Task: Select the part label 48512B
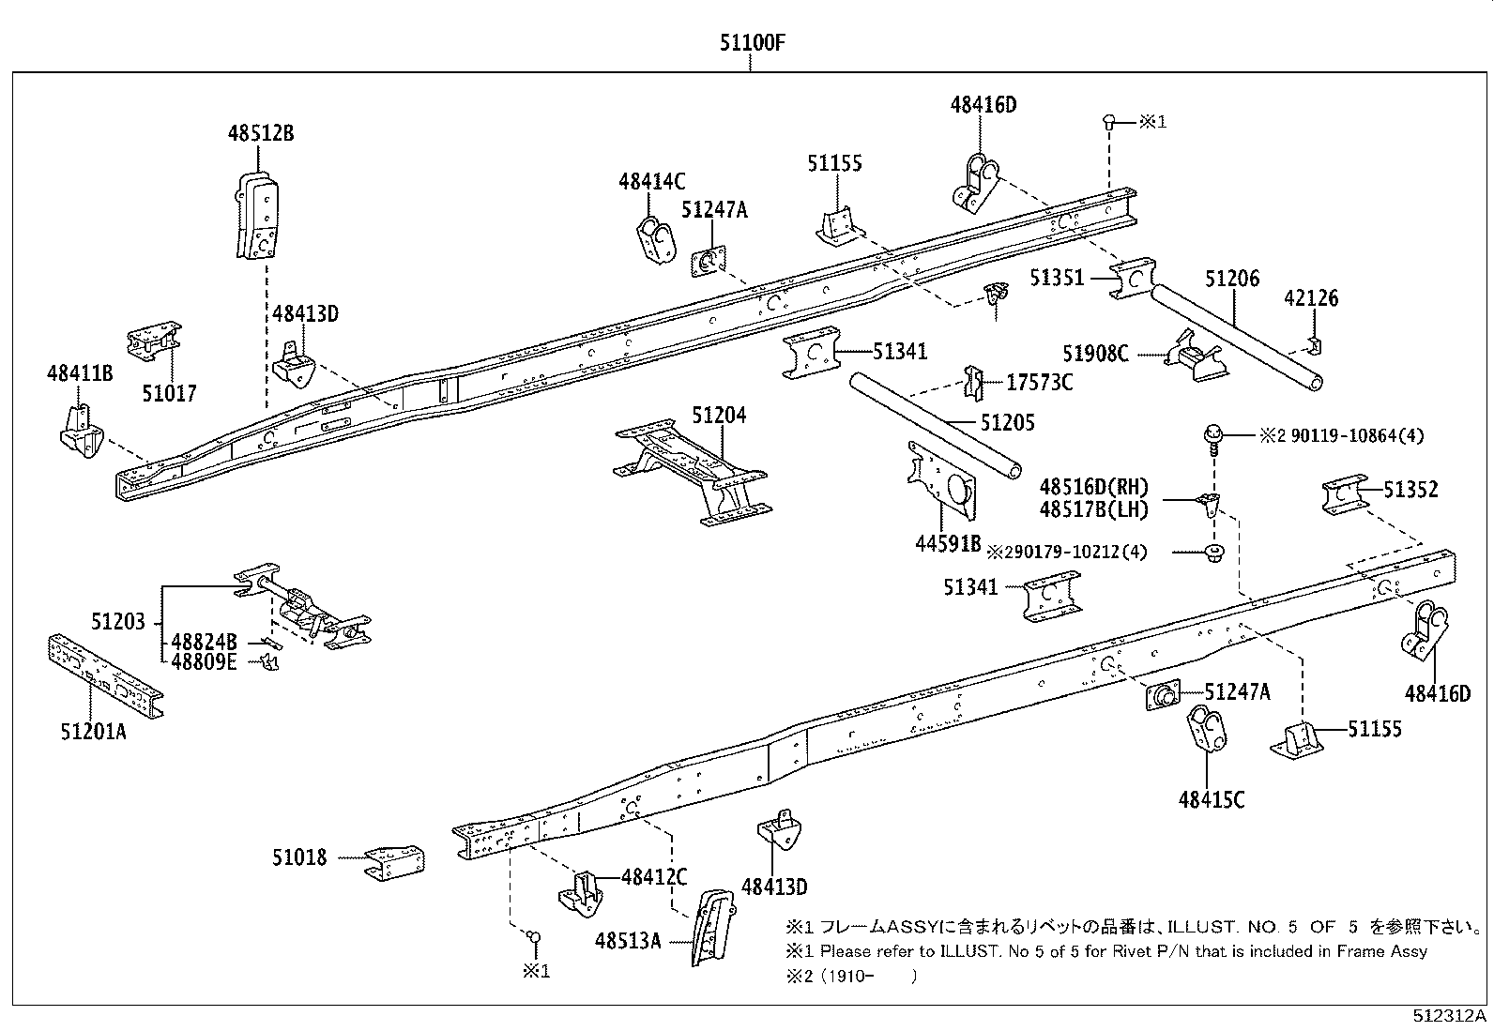260,133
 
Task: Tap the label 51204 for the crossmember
719,415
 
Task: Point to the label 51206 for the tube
1232,279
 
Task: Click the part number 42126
1310,298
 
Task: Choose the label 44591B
948,542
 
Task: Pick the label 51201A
93,731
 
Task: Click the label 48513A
627,940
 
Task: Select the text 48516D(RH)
1094,487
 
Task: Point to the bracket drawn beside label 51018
394,862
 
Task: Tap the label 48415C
1212,799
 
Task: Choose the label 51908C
1095,354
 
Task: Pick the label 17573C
1039,382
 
